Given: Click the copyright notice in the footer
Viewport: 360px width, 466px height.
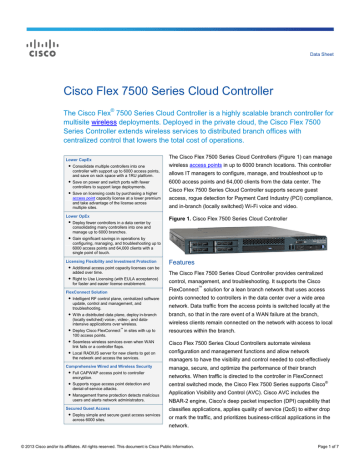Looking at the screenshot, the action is [119, 455].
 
